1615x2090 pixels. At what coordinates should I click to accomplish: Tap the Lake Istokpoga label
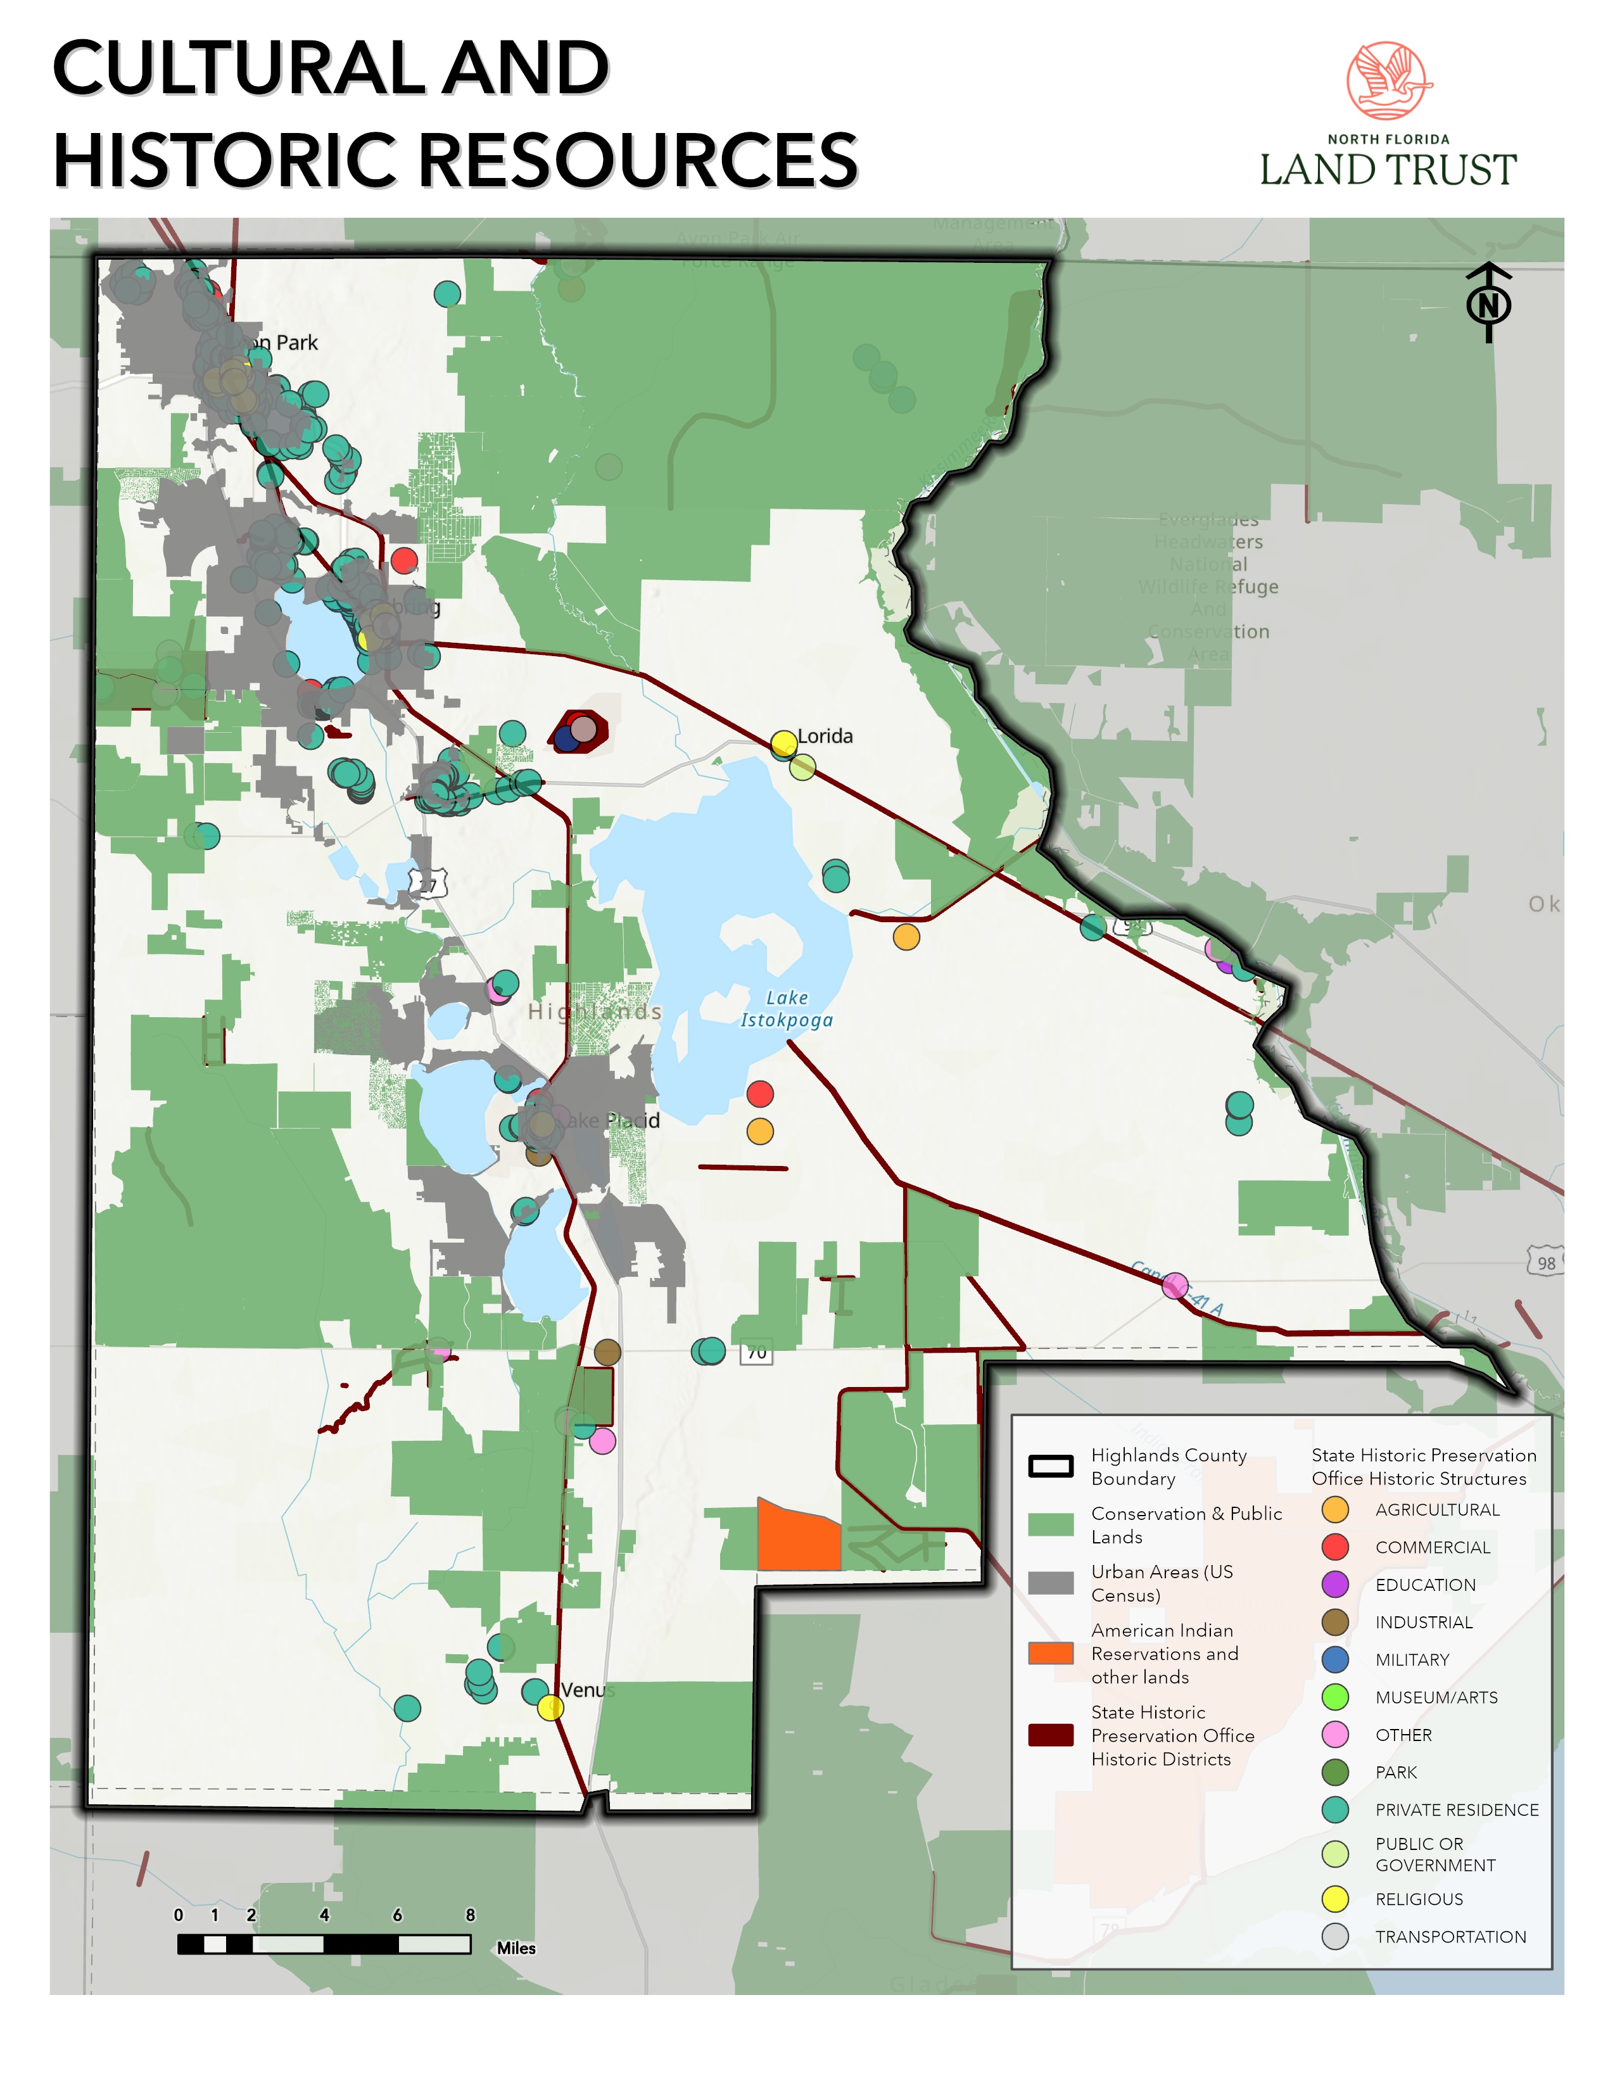tap(787, 1009)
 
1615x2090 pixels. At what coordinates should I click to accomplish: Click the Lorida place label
tap(825, 736)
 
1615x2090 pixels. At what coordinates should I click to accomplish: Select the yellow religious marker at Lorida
tap(783, 743)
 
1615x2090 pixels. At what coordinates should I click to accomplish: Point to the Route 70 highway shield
tap(756, 1352)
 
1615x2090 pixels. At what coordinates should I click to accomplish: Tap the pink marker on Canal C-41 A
tap(1175, 1285)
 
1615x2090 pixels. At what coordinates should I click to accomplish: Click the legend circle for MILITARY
tap(1334, 1659)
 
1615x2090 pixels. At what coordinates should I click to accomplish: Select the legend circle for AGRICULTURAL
tap(1334, 1510)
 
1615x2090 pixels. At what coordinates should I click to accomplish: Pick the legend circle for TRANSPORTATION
tap(1334, 1937)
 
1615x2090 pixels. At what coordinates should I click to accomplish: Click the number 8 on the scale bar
tap(470, 1915)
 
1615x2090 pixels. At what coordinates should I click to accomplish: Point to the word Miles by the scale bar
tap(516, 1948)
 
